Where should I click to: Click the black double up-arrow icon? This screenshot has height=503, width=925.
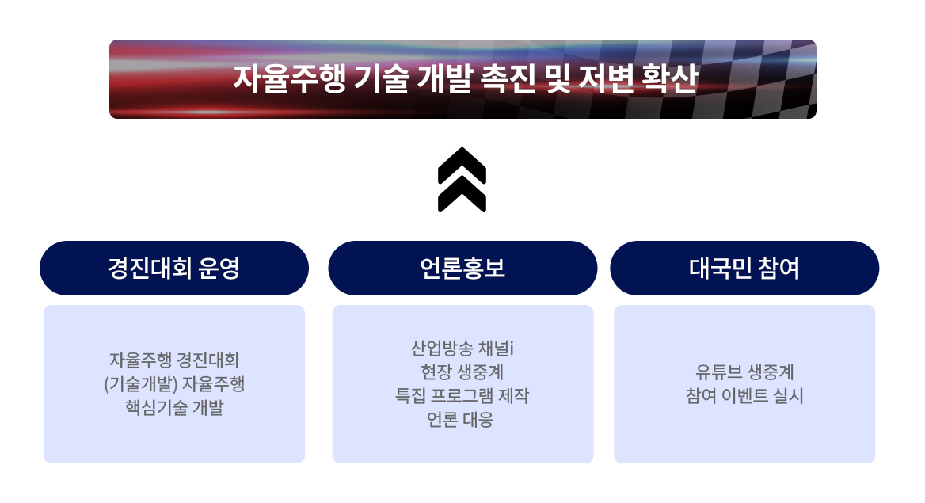pos(462,180)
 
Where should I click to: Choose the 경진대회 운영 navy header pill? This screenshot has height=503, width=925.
pos(174,269)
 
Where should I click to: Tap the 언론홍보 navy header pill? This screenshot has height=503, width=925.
pos(462,269)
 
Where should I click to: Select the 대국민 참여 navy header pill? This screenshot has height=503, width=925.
pos(744,269)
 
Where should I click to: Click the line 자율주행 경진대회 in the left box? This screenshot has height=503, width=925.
pos(174,360)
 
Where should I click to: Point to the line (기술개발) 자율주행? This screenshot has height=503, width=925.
pos(174,384)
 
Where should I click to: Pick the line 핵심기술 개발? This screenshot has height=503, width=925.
pos(174,409)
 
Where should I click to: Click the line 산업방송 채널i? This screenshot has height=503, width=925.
pos(462,349)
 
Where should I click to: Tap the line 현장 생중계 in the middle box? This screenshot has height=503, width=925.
pos(462,372)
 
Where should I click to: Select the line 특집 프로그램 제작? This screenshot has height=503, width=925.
pos(462,396)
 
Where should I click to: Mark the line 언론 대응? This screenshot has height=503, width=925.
pos(462,420)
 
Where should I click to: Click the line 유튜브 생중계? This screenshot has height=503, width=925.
pos(744,372)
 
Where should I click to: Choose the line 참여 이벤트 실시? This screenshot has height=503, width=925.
pos(744,396)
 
